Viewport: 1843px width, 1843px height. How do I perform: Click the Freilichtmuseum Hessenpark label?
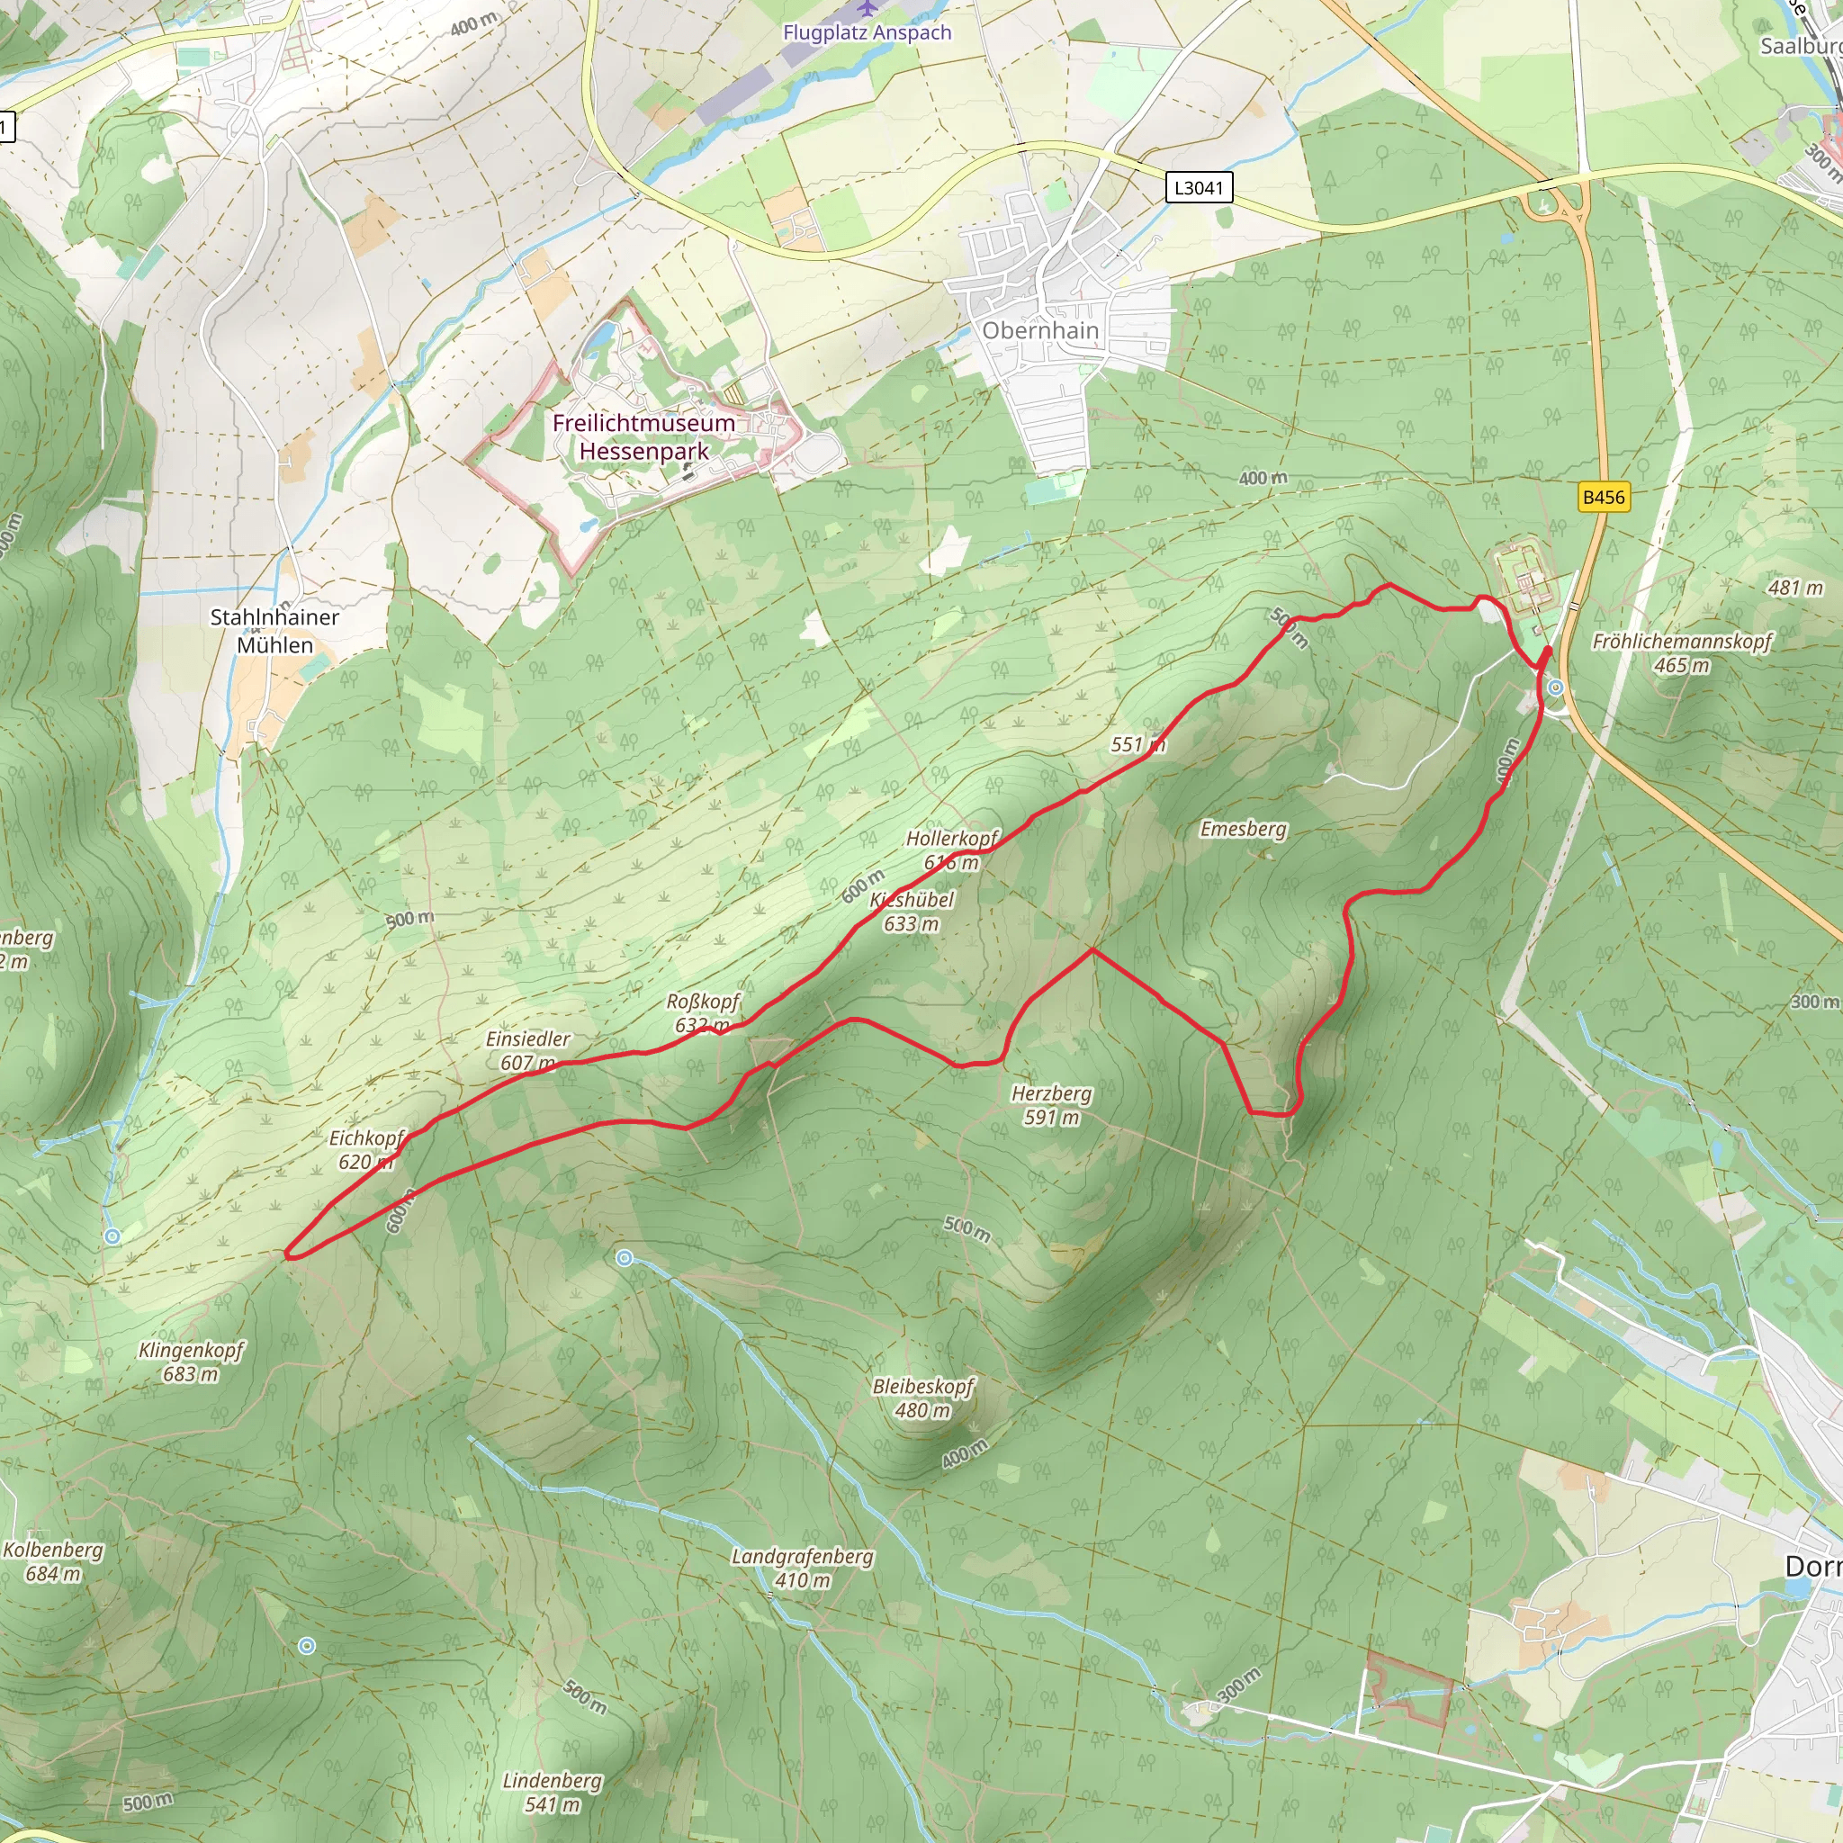click(x=644, y=436)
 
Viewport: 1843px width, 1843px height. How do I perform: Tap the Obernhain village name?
click(x=1041, y=330)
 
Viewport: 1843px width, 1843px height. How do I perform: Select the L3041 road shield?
click(x=1198, y=187)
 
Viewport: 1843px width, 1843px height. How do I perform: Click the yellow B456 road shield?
click(x=1603, y=497)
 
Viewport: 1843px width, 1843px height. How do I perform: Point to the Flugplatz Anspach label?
click(x=867, y=31)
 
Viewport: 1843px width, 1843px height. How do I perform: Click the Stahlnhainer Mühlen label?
click(x=274, y=631)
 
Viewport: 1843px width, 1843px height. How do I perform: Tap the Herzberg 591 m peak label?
click(x=1051, y=1105)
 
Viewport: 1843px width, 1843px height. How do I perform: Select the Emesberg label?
click(x=1243, y=829)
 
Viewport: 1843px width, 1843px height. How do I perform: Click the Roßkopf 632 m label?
click(x=703, y=1013)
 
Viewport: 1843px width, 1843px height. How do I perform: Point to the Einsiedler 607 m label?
click(x=527, y=1050)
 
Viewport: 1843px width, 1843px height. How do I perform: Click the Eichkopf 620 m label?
click(x=366, y=1149)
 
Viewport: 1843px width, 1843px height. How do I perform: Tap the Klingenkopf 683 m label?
click(x=191, y=1362)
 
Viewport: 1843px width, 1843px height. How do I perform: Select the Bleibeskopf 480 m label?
click(x=923, y=1398)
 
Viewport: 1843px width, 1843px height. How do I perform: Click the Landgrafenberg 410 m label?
click(x=802, y=1568)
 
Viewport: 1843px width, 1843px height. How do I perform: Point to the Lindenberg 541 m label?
click(x=553, y=1792)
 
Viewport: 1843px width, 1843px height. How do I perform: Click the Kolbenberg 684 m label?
click(x=52, y=1561)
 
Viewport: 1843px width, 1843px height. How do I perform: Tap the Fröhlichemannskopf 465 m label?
click(x=1682, y=652)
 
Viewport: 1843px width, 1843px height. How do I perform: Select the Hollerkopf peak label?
click(x=951, y=839)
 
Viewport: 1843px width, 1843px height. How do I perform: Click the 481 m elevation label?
click(x=1794, y=588)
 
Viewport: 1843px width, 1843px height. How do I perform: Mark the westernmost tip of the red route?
click(x=287, y=1255)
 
